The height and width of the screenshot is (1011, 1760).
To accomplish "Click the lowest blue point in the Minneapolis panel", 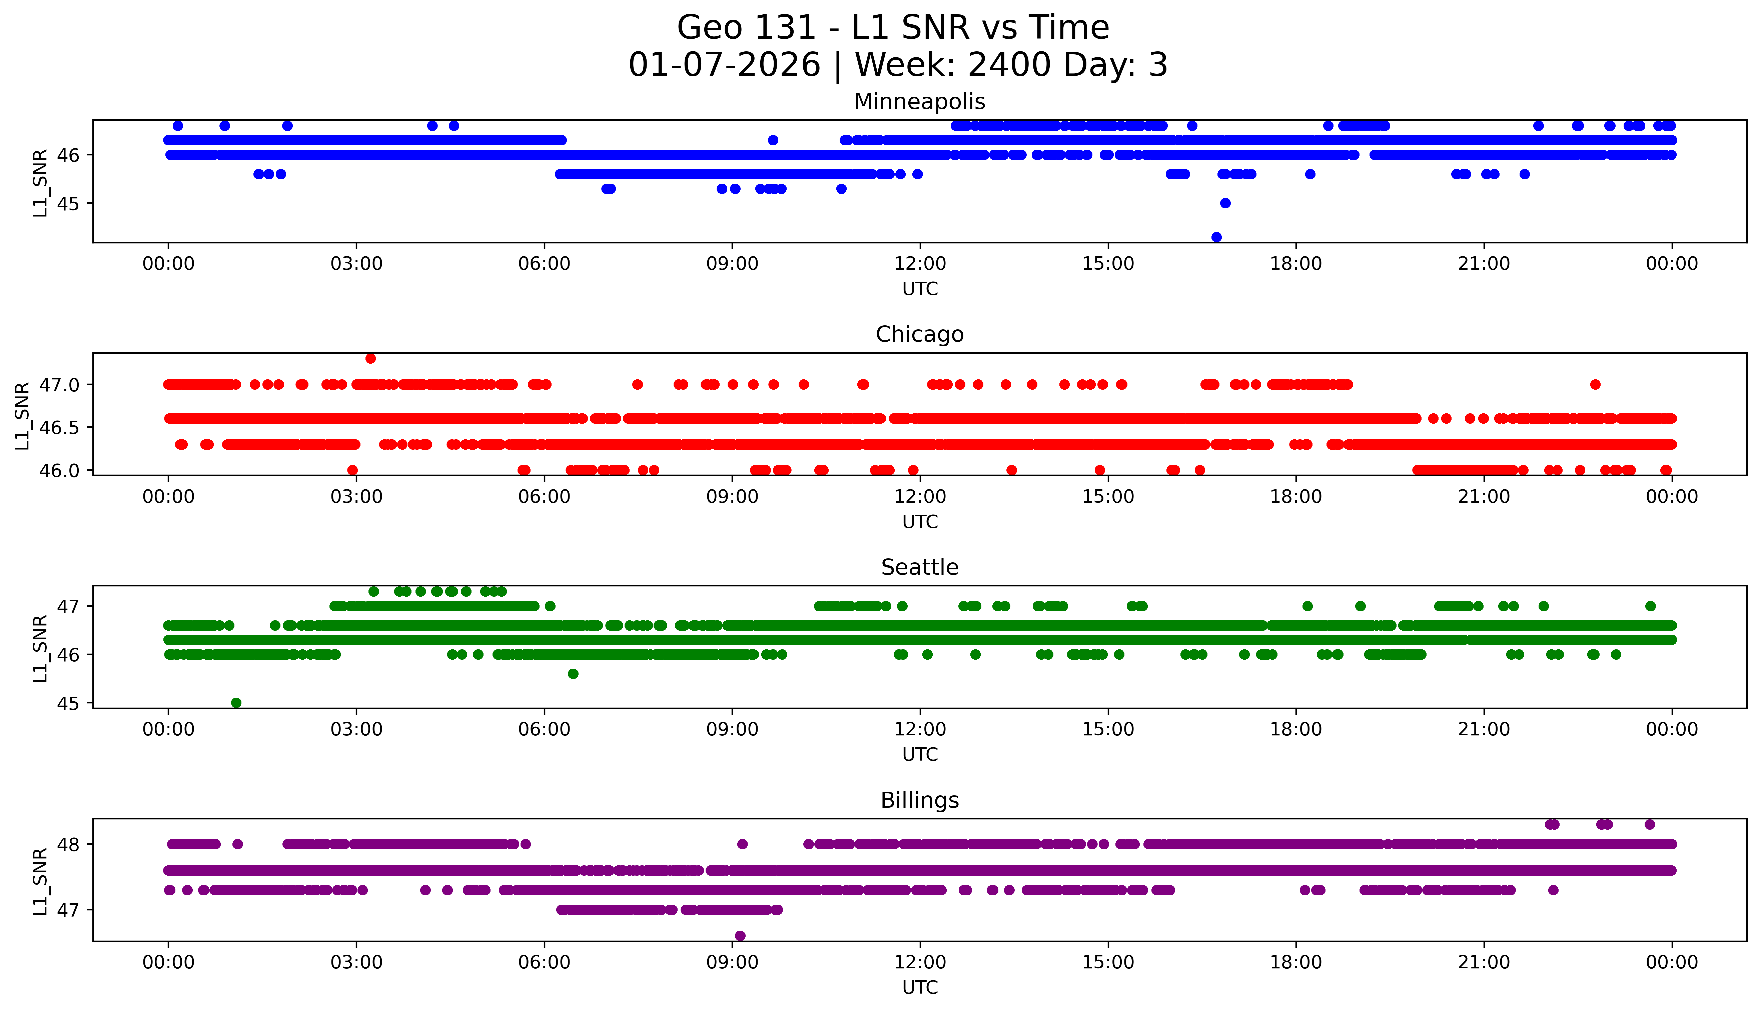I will (1216, 237).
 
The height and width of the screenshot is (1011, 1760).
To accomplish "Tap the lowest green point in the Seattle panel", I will (236, 703).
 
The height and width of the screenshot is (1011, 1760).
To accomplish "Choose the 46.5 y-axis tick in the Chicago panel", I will (60, 427).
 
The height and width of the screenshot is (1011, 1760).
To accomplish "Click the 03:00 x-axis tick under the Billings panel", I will (356, 962).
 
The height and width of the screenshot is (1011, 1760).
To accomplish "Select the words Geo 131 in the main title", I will (746, 28).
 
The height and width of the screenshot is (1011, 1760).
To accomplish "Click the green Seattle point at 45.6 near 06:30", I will (573, 674).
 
